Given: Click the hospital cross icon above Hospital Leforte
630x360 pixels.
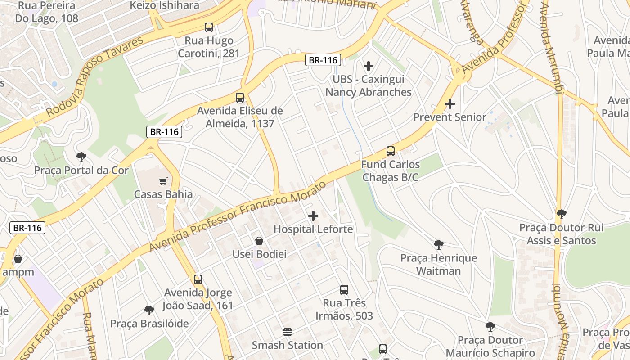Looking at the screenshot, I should click(313, 216).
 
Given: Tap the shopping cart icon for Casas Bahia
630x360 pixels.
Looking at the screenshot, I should click(163, 181).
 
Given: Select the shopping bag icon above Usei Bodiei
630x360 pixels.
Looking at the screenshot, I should click(259, 241).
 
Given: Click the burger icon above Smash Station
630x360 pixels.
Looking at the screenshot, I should click(288, 332).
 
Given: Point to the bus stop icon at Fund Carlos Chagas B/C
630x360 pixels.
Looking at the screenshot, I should click(391, 151).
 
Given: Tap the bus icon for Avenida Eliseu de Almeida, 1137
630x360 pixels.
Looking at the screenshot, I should click(240, 98).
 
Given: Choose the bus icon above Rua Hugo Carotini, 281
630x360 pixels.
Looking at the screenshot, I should click(209, 27).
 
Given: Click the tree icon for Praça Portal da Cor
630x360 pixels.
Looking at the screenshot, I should click(81, 157).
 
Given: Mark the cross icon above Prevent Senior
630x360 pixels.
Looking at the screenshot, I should click(450, 104).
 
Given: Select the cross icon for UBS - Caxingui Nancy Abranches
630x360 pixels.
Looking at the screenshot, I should click(369, 66).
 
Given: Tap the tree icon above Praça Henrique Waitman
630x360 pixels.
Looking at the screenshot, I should click(439, 245).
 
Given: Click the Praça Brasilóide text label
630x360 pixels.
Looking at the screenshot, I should click(149, 324).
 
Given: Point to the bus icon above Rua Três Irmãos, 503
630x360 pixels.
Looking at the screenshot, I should click(344, 290).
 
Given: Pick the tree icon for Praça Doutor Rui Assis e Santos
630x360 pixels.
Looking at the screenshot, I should click(561, 214).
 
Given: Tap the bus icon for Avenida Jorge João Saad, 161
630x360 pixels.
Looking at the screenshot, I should click(198, 279).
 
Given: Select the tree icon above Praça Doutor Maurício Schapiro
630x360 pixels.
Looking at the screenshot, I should click(490, 327).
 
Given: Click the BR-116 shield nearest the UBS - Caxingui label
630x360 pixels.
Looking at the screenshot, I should click(323, 60).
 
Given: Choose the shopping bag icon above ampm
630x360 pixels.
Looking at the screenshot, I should click(18, 259).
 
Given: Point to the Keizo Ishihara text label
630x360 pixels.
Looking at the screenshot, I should click(164, 5).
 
